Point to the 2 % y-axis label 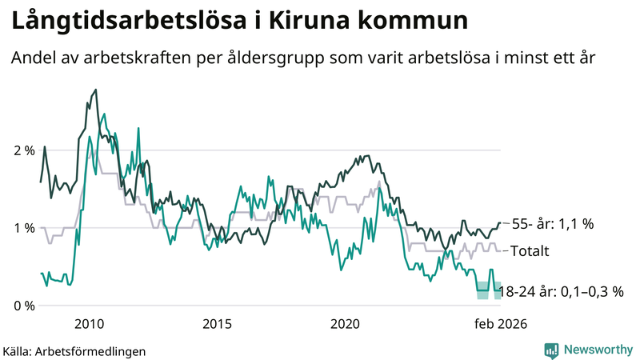[x=23, y=150]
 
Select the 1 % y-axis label [x=23, y=228]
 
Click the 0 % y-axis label [x=23, y=306]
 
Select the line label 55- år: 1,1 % [x=552, y=225]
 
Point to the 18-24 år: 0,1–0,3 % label [x=561, y=291]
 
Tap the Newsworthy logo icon [x=551, y=350]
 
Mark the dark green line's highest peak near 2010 [x=96, y=90]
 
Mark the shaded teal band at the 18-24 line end [x=489, y=290]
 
